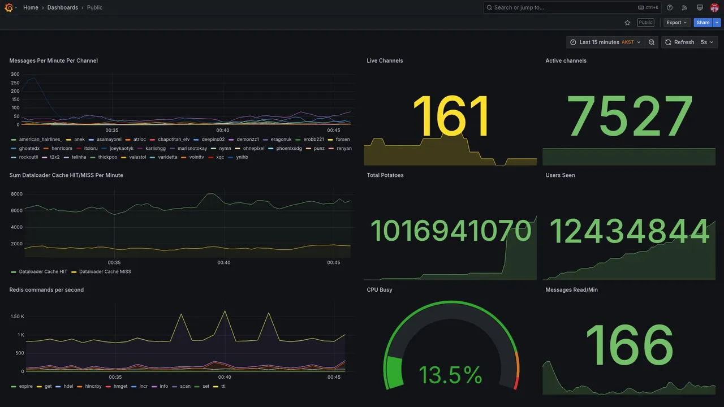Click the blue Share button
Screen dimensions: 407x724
tap(703, 23)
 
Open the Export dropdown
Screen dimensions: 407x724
tap(676, 23)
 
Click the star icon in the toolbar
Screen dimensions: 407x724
tap(627, 23)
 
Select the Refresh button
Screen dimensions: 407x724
tap(679, 42)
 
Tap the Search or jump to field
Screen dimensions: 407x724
tap(560, 7)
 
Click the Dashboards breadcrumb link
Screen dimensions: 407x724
tap(62, 7)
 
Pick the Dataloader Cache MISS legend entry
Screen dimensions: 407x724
tap(105, 272)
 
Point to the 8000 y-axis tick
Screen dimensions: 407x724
tap(16, 194)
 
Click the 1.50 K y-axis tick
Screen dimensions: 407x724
tap(17, 317)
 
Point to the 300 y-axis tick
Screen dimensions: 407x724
tap(15, 74)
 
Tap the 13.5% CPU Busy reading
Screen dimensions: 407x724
tap(450, 375)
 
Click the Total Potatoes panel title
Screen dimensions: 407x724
tap(385, 175)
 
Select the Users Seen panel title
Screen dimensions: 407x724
tap(560, 175)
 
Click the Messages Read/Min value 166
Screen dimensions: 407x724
tap(629, 345)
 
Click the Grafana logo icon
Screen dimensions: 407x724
tap(8, 7)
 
